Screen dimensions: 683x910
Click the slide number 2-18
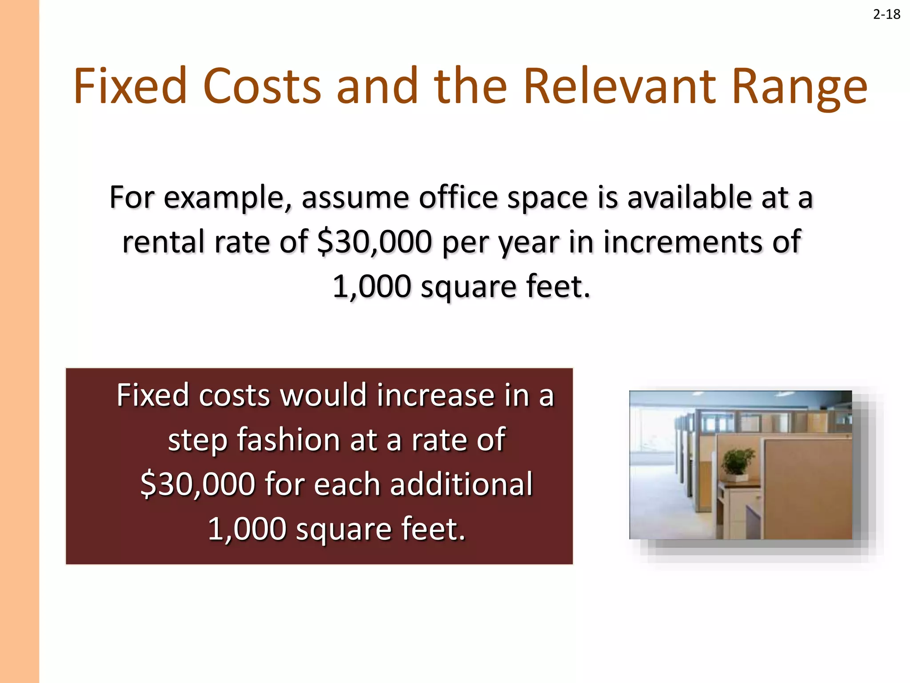click(x=886, y=15)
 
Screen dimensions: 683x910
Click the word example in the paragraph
click(x=228, y=198)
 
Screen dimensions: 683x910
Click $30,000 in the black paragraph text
click(x=375, y=242)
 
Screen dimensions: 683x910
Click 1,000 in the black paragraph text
click(x=371, y=287)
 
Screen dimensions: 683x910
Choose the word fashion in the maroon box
click(x=288, y=440)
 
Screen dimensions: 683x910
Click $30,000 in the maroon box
click(x=198, y=485)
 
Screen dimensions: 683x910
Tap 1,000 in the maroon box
click(x=247, y=530)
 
